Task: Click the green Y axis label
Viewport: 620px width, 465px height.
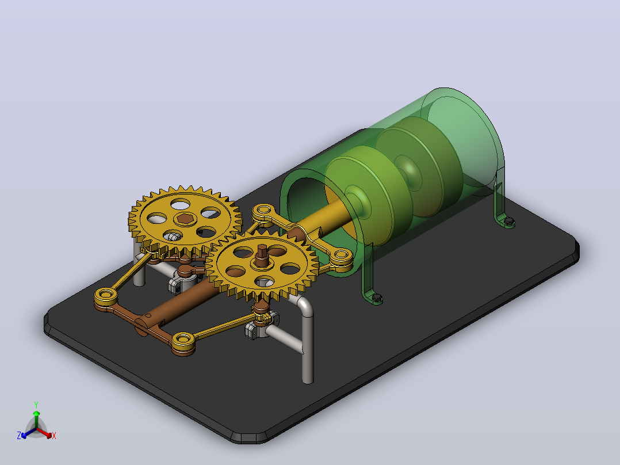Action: coord(36,405)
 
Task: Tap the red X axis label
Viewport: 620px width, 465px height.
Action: coord(54,436)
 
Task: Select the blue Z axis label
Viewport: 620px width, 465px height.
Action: coord(19,436)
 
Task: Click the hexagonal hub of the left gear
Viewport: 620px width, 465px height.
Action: coord(185,218)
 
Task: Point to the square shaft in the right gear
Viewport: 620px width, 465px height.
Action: coord(261,253)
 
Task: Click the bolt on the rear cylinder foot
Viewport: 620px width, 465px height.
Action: coord(510,220)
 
